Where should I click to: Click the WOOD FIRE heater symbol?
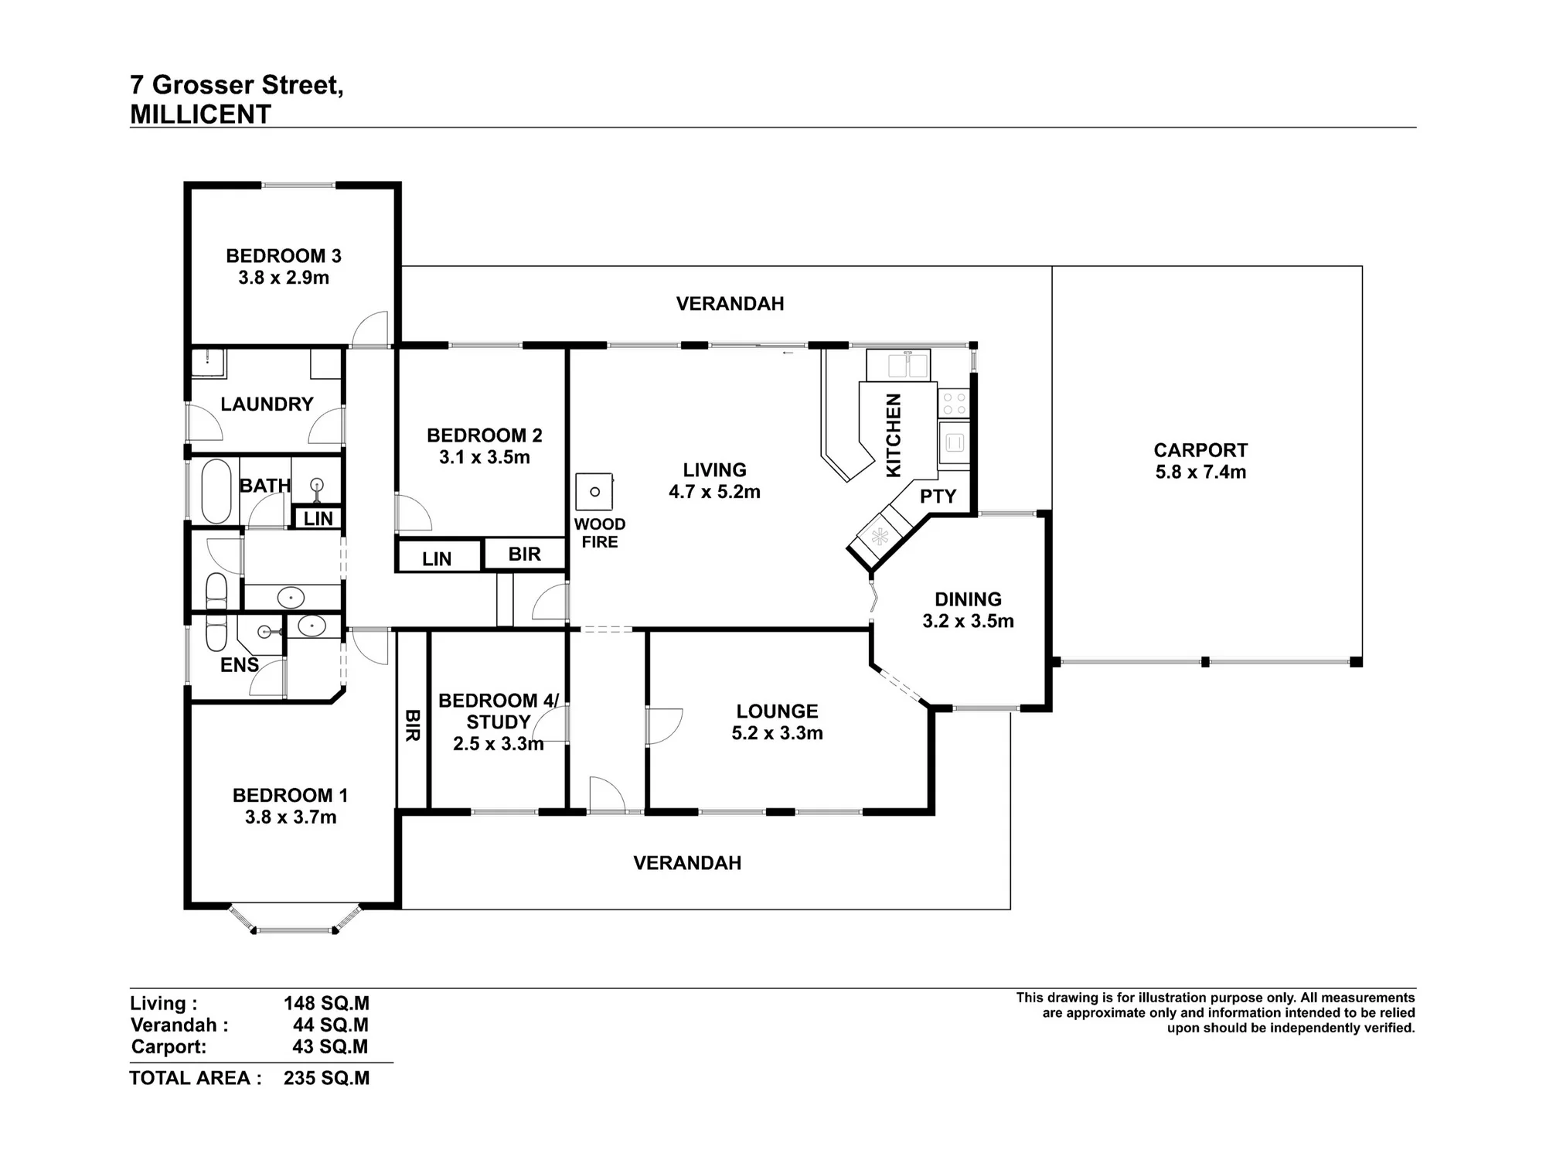pyautogui.click(x=594, y=492)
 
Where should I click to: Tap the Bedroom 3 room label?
pyautogui.click(x=284, y=267)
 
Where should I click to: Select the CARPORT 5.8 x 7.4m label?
pyautogui.click(x=1200, y=461)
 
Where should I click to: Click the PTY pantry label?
pyautogui.click(x=938, y=496)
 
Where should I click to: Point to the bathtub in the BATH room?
pyautogui.click(x=216, y=492)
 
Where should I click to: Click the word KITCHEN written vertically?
pyautogui.click(x=893, y=435)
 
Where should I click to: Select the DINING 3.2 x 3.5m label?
pyautogui.click(x=968, y=610)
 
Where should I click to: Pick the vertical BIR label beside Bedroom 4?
pyautogui.click(x=412, y=725)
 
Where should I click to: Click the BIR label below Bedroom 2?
pyautogui.click(x=525, y=554)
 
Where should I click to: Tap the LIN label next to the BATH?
pyautogui.click(x=318, y=519)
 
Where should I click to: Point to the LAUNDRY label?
pyautogui.click(x=267, y=404)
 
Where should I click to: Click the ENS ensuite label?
pyautogui.click(x=240, y=665)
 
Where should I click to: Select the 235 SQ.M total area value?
pyautogui.click(x=326, y=1078)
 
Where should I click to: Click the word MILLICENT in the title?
pyautogui.click(x=200, y=114)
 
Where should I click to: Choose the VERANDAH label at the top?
pyautogui.click(x=730, y=304)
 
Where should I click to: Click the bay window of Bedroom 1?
pyautogui.click(x=295, y=920)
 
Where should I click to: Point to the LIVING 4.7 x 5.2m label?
pyautogui.click(x=714, y=481)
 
